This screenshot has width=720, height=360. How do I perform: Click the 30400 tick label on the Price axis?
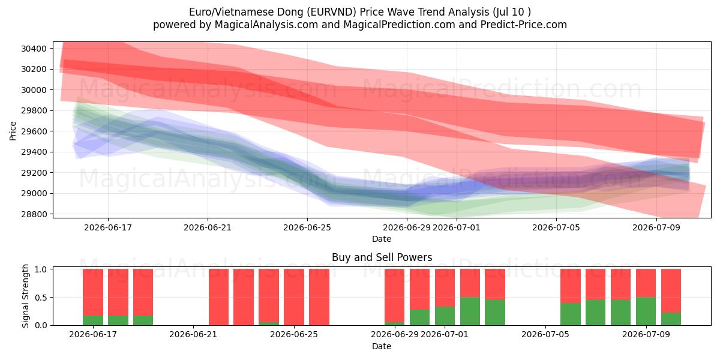click(34, 49)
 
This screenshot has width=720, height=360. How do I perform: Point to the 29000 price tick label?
click(34, 193)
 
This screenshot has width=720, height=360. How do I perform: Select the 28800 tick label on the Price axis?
click(34, 214)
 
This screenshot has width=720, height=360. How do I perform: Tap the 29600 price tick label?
click(34, 131)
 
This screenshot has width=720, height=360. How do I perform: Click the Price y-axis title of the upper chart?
click(13, 131)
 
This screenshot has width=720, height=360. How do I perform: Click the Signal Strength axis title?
click(25, 296)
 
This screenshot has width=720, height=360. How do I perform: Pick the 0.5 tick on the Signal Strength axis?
click(40, 298)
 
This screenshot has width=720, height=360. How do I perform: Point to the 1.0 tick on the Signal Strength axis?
click(40, 269)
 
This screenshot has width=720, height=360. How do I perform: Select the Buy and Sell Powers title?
click(382, 257)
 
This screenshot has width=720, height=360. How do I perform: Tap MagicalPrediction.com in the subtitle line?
click(399, 25)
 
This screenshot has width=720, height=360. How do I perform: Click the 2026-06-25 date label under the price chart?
click(307, 227)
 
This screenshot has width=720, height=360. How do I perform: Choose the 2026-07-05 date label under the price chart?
click(556, 227)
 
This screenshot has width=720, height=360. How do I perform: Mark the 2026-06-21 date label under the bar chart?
click(193, 335)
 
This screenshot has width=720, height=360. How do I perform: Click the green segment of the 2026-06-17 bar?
click(93, 320)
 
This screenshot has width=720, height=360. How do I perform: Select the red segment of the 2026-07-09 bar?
click(646, 283)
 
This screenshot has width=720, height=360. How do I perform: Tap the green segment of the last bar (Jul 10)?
click(671, 319)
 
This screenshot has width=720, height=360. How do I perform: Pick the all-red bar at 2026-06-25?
click(294, 297)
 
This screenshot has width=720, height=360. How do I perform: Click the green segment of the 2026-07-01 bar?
click(445, 316)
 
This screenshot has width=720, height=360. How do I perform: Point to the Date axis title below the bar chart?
click(382, 347)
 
